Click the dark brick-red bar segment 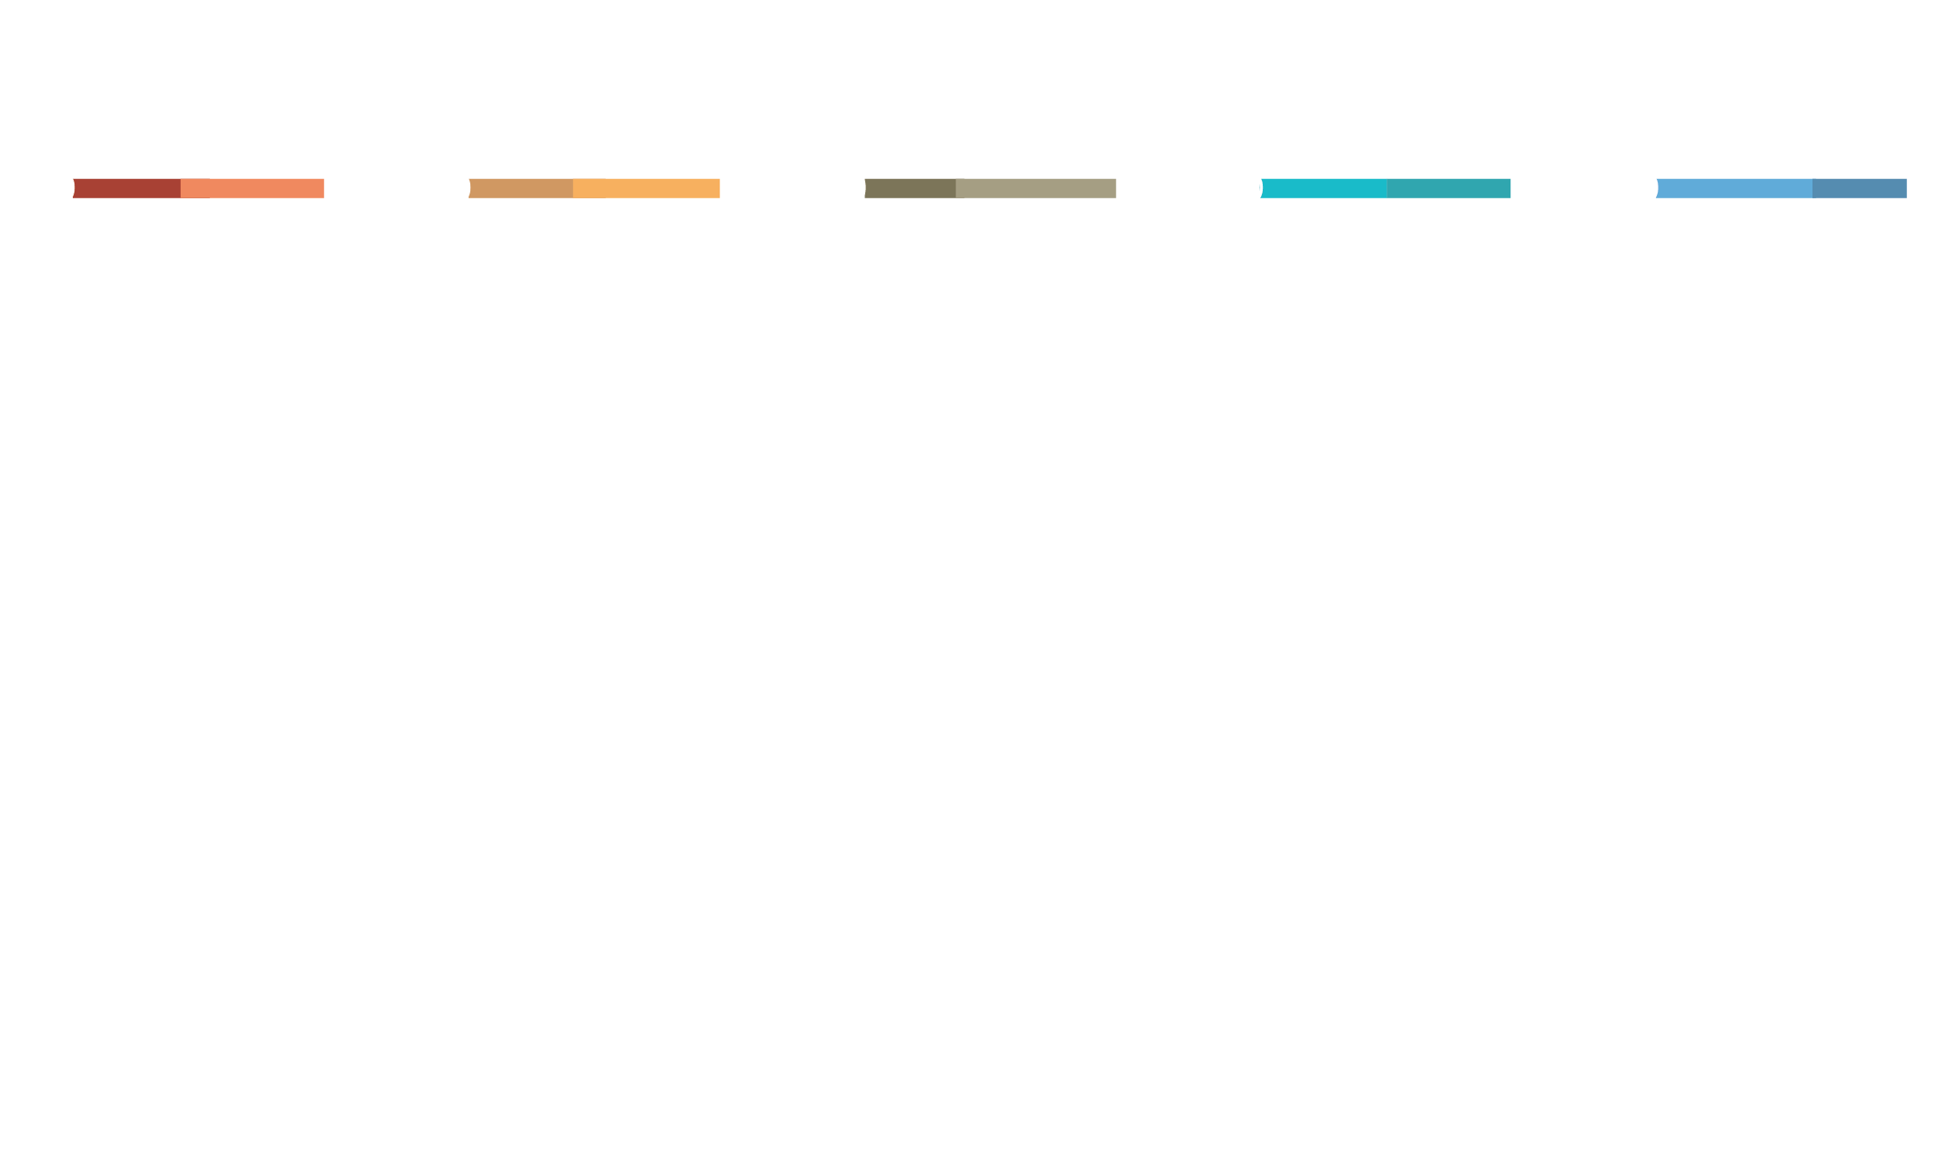pos(127,188)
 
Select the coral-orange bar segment pos(253,188)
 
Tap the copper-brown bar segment pos(521,188)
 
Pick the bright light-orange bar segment pos(647,188)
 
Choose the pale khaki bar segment pos(1036,188)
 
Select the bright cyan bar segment pos(1325,188)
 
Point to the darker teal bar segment pos(1448,188)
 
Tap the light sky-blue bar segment pos(1735,188)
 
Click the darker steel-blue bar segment pos(1859,188)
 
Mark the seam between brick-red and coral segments pos(181,188)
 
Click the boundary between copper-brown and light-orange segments pos(573,188)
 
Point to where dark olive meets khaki pos(956,188)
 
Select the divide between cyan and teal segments pos(1387,188)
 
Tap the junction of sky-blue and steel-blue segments pos(1812,188)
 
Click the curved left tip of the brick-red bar pos(76,188)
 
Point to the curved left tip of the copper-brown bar pos(472,188)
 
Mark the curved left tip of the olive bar pos(868,188)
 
